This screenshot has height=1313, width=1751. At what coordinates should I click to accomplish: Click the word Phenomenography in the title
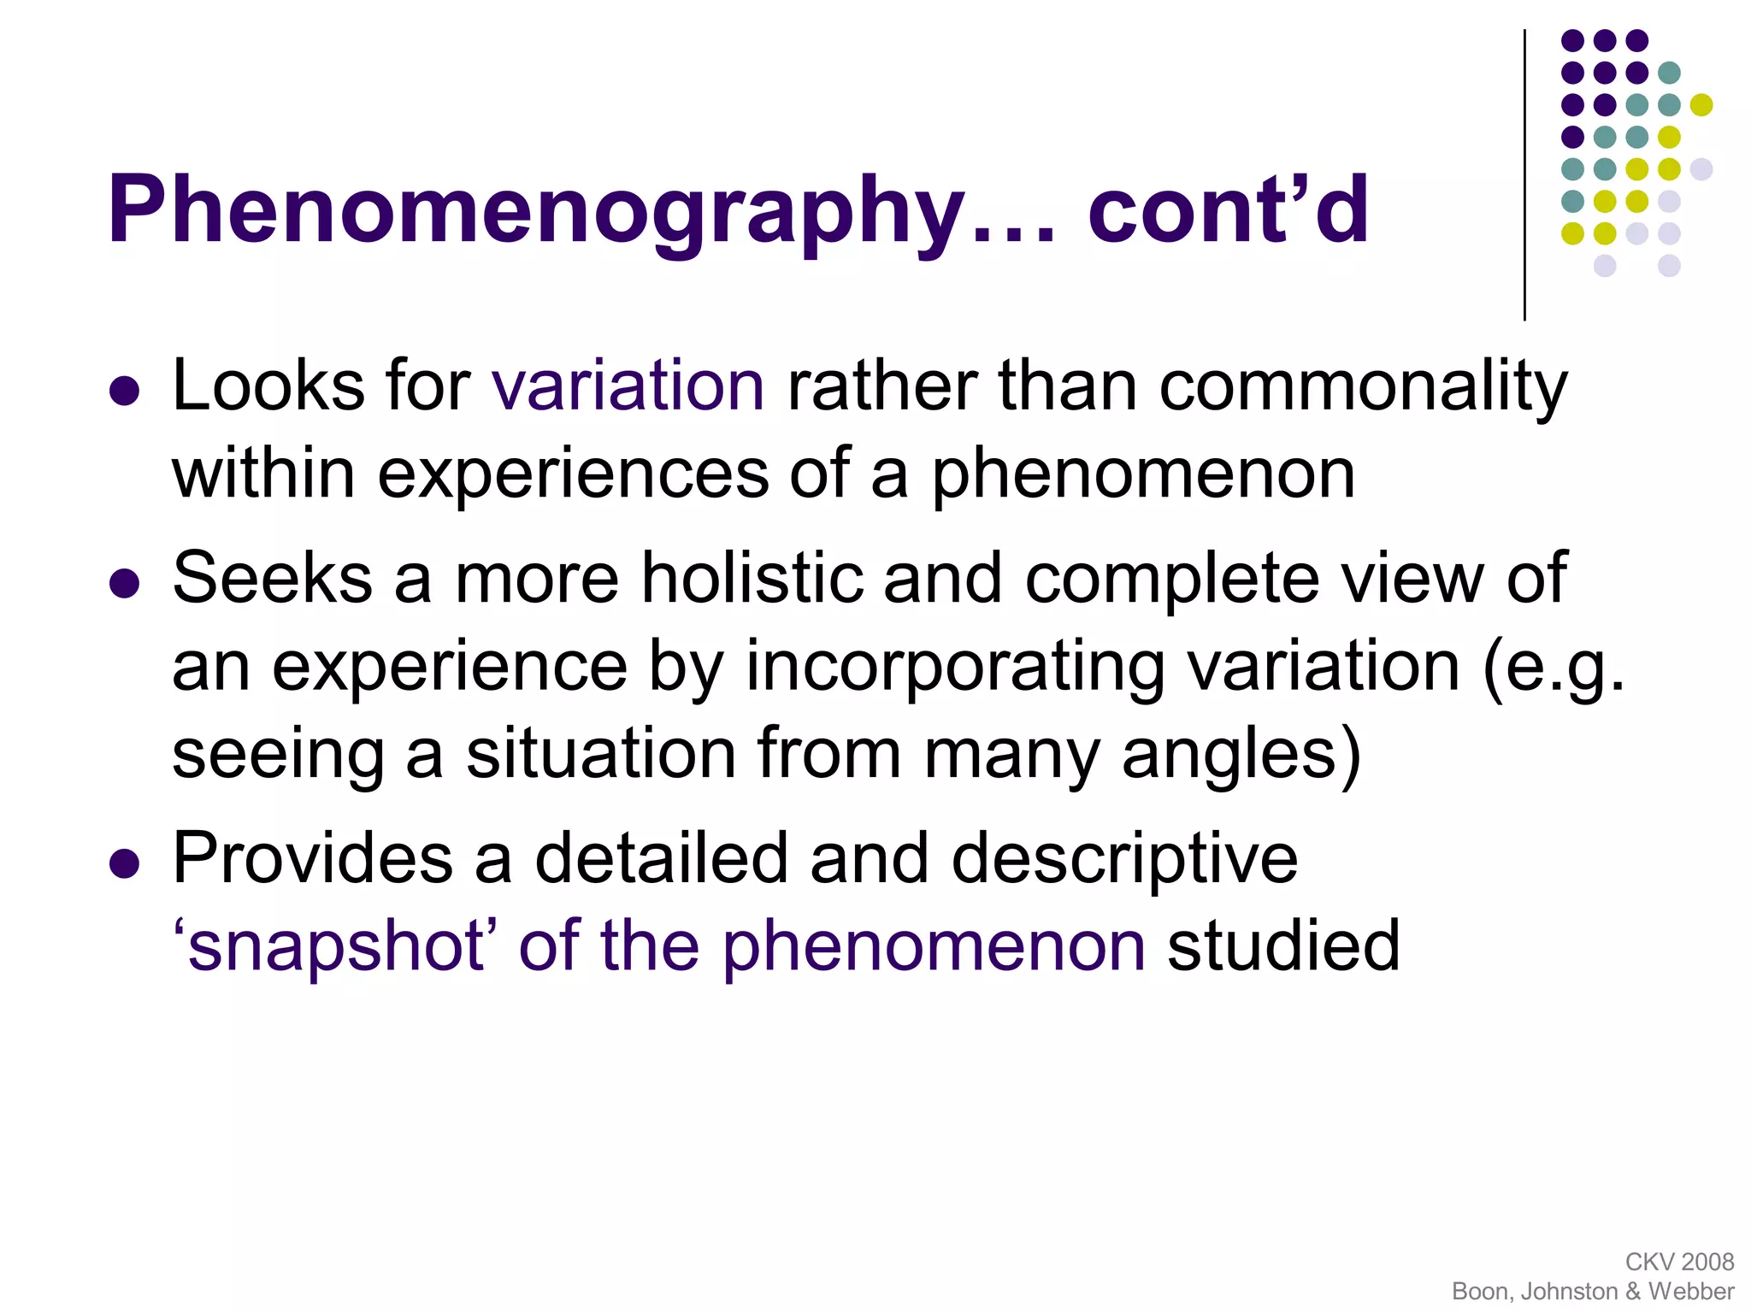pos(537,211)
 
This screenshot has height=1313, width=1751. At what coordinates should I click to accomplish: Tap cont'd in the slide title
pos(1228,209)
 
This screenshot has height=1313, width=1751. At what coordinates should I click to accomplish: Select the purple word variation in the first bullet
pos(628,386)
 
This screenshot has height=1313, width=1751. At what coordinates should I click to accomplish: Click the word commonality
pos(1363,386)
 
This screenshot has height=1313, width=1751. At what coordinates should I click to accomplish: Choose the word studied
pos(1283,946)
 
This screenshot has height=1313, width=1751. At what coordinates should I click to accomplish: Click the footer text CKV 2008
pos(1679,1262)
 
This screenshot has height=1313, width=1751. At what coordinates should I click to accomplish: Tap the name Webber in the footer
pos(1691,1291)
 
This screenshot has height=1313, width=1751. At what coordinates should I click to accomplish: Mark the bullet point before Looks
pos(125,391)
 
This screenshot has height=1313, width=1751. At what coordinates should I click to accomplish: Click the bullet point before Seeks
pos(125,584)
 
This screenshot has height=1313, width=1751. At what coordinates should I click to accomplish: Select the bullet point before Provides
pos(125,863)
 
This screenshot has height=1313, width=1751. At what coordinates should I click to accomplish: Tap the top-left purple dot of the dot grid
pos(1572,40)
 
